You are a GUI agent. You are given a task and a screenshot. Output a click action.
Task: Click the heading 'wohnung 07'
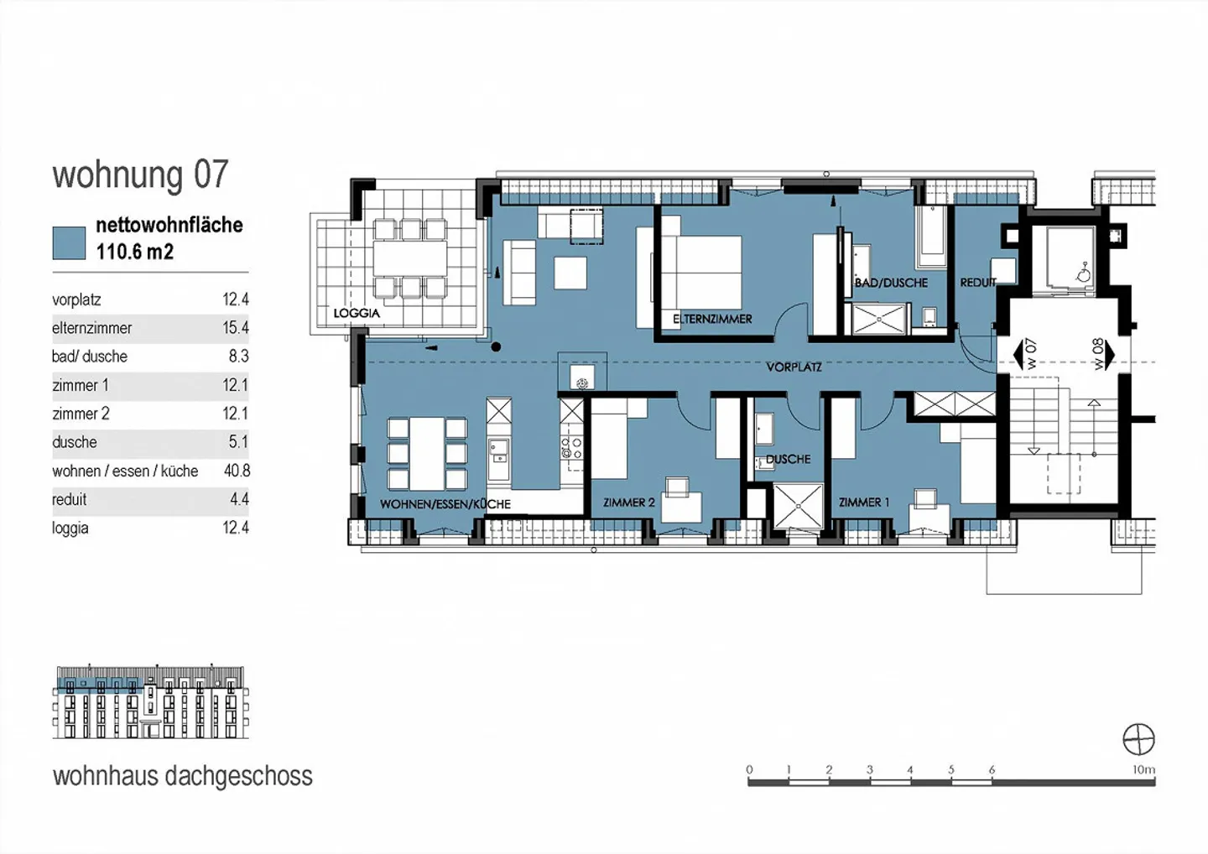(x=140, y=174)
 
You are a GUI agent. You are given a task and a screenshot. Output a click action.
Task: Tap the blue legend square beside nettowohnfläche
(x=69, y=242)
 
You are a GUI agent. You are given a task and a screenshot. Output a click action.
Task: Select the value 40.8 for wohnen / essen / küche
(x=237, y=471)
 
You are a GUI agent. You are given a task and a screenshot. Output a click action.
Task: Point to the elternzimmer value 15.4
(x=236, y=328)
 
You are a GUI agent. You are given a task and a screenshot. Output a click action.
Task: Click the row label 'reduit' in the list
(x=70, y=500)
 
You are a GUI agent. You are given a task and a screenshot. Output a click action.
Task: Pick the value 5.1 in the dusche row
(x=238, y=442)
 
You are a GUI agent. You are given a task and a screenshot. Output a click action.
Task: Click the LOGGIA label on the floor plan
(x=357, y=313)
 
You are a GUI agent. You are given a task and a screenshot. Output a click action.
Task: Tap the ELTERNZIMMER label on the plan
(x=712, y=319)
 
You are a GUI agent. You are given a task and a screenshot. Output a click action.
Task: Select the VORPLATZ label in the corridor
(x=794, y=367)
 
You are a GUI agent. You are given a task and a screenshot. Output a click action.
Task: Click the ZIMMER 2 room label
(x=628, y=503)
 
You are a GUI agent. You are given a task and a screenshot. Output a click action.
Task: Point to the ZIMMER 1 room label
(x=864, y=503)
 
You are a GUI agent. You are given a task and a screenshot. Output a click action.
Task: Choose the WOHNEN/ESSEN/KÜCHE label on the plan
(x=445, y=504)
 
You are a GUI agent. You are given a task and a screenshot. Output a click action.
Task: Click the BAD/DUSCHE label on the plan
(x=891, y=283)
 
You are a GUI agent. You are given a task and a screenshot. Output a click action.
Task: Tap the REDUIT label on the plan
(x=978, y=283)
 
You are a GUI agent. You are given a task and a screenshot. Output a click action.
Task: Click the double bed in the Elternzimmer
(x=700, y=272)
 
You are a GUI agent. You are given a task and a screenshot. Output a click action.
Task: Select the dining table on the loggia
(x=410, y=258)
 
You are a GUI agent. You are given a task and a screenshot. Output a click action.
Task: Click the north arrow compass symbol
(x=1138, y=740)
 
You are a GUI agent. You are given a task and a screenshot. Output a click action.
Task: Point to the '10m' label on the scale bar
(x=1143, y=769)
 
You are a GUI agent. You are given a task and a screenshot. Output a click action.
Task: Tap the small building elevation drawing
(x=150, y=703)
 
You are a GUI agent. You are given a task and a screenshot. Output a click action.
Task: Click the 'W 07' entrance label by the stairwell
(x=1031, y=353)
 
